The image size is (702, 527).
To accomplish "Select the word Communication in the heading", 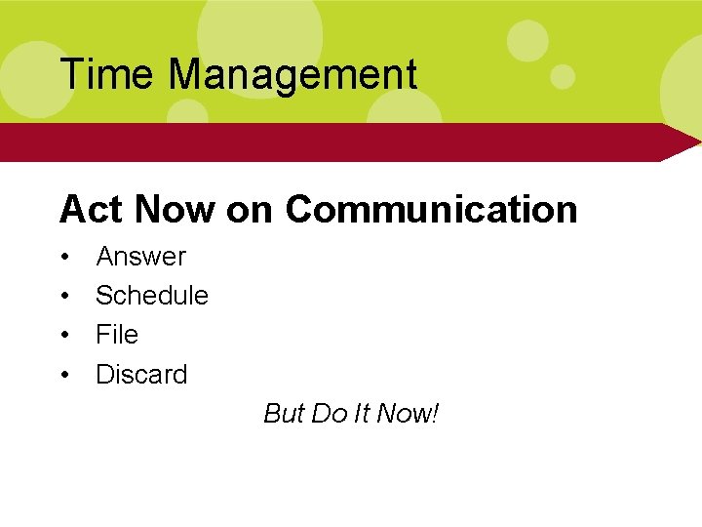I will [x=431, y=209].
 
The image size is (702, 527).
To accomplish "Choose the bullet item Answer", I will [x=140, y=257].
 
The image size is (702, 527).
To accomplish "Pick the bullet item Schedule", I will [x=152, y=296].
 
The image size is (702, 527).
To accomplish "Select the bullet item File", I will [x=117, y=335].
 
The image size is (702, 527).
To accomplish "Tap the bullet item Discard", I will [x=141, y=374].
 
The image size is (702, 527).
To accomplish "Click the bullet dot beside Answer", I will [x=65, y=258].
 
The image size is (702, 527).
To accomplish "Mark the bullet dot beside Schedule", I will [x=65, y=297].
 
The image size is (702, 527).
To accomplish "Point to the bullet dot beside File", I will [x=65, y=336].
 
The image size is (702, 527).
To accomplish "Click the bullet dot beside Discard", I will [x=65, y=375].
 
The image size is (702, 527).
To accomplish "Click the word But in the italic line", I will [x=284, y=414].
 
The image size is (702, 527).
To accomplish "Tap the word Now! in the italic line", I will [x=408, y=414].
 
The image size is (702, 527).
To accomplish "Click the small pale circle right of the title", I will [x=563, y=76].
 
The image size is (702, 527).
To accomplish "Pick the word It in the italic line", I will [x=361, y=414].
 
